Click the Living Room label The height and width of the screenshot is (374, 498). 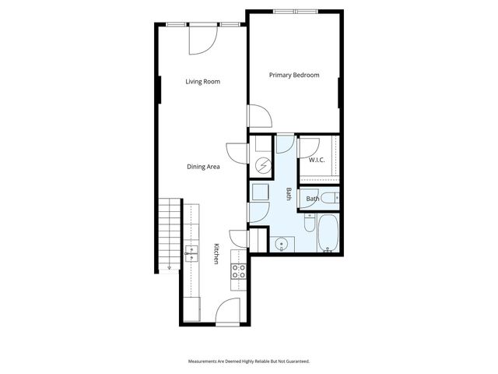202,81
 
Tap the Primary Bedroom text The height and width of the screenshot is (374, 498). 294,76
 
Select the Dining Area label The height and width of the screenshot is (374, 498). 202,166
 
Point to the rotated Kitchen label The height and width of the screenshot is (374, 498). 216,254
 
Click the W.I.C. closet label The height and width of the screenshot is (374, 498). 316,160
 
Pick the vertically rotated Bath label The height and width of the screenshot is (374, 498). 288,195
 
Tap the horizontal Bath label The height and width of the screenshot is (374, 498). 312,199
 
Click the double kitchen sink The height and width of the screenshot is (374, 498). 192,252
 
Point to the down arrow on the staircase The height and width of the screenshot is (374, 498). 169,267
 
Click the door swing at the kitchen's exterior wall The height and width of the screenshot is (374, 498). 230,311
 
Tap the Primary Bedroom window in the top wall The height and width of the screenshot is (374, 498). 295,11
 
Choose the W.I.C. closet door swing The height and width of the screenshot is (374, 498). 308,146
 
